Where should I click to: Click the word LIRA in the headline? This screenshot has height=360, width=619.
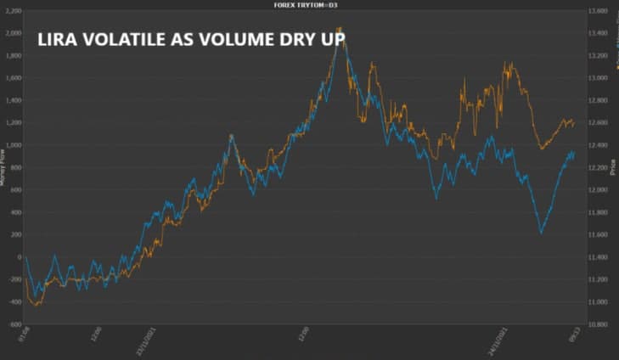click(x=58, y=39)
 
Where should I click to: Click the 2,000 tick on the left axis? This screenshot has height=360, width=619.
click(x=14, y=33)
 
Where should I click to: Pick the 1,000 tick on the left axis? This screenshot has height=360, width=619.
click(x=14, y=145)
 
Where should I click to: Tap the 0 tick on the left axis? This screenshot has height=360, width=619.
click(x=19, y=257)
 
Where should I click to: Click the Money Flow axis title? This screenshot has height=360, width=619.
click(x=3, y=171)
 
